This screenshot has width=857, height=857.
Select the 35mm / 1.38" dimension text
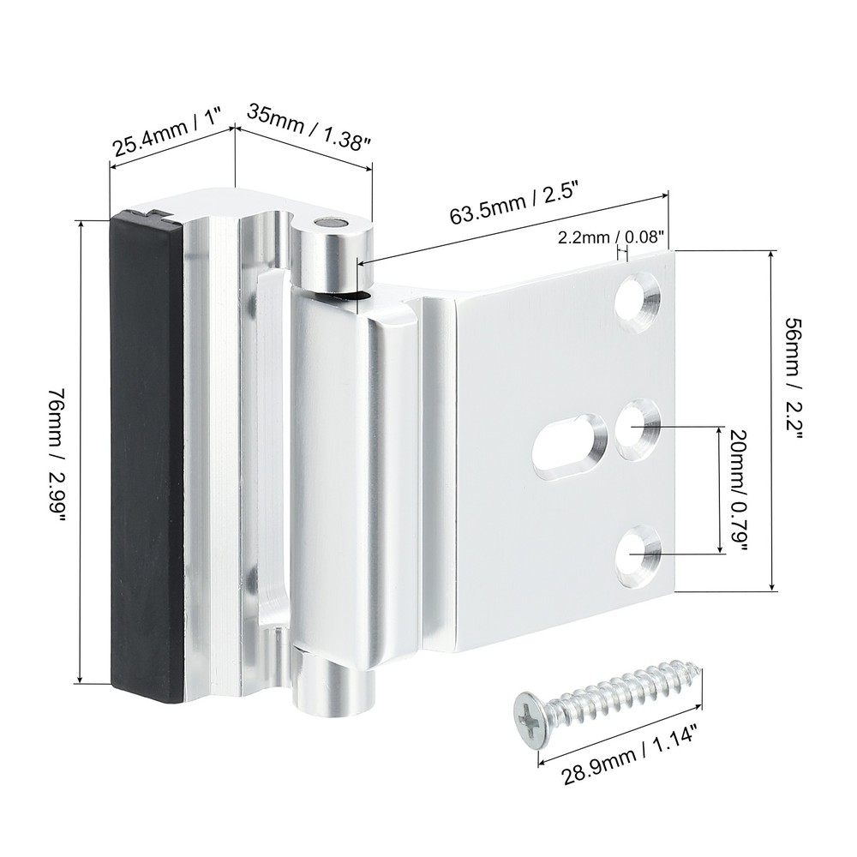(x=309, y=126)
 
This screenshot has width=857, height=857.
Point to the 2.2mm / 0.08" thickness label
(x=611, y=237)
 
